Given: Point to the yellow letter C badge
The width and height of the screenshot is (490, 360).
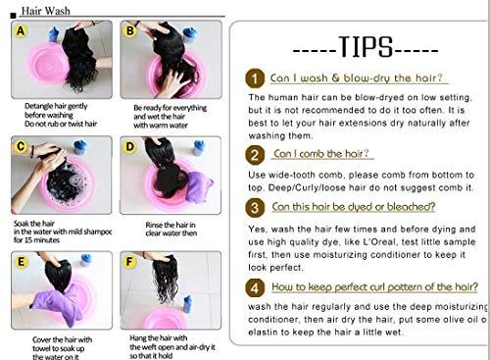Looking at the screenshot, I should click(19, 147).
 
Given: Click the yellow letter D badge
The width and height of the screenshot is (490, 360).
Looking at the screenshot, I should click(129, 147).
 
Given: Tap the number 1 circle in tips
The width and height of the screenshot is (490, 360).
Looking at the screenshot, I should click(255, 77).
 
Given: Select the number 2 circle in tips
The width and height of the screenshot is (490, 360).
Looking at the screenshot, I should click(255, 155).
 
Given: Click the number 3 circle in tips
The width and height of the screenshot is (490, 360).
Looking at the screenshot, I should click(255, 208).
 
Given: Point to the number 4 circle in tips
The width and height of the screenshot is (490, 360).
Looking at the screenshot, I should click(255, 288).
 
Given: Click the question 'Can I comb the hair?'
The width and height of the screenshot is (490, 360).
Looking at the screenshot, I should click(322, 154).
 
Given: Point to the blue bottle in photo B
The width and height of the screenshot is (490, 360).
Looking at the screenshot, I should click(190, 35).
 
